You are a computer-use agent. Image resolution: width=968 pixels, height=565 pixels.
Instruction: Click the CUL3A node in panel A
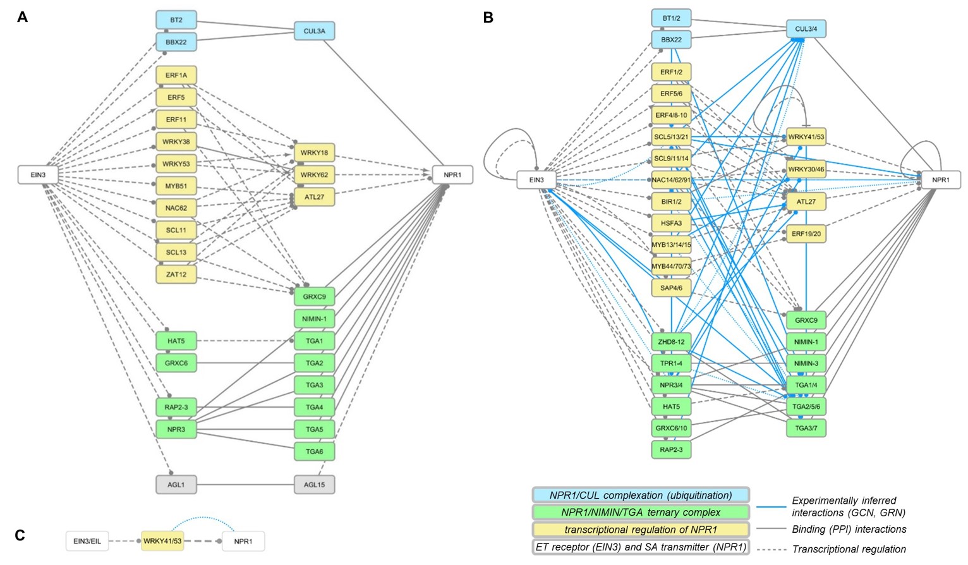(314, 31)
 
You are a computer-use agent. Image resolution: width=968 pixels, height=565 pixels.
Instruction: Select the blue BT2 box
(176, 20)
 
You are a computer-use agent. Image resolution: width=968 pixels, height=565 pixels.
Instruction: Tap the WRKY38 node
(176, 142)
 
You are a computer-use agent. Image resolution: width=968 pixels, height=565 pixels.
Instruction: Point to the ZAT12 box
(176, 274)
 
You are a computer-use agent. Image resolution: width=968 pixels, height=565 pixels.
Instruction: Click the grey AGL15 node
(314, 485)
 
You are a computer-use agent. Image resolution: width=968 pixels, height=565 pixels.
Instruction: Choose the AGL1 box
(176, 485)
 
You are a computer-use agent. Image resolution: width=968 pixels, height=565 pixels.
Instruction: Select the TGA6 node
(314, 451)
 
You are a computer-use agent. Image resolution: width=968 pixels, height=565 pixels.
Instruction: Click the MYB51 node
(176, 186)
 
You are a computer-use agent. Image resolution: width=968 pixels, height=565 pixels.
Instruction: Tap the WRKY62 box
(314, 175)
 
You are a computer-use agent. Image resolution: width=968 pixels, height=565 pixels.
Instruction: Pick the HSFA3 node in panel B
(671, 223)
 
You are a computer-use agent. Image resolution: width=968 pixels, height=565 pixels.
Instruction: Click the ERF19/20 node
(806, 234)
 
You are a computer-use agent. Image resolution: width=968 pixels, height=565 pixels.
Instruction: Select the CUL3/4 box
(806, 29)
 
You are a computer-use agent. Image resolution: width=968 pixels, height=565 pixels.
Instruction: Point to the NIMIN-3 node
(806, 363)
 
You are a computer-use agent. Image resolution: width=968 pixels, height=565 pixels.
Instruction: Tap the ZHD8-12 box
(671, 342)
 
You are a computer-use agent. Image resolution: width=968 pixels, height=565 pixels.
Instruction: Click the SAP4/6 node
(671, 288)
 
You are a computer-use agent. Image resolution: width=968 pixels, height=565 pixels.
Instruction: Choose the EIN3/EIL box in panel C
(87, 541)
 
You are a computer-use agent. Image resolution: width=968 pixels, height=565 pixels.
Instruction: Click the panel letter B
(488, 18)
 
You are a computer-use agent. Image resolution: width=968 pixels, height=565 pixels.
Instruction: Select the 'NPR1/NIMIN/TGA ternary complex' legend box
(641, 513)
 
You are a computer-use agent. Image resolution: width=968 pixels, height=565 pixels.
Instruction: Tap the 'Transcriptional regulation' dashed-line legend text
(849, 549)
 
